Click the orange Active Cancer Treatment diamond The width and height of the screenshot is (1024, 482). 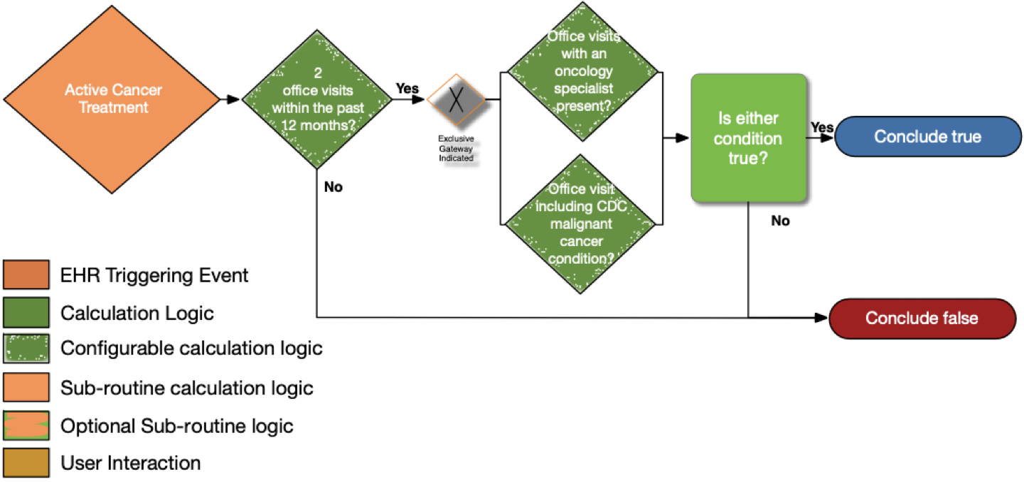112,99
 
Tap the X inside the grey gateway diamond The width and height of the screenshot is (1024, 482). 456,99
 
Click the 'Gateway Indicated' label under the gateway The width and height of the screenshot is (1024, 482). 459,153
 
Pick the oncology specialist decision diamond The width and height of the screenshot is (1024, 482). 583,72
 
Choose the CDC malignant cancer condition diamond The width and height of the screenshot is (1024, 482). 581,224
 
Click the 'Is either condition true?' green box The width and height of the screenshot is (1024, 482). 748,139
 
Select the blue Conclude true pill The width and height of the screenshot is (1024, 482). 927,136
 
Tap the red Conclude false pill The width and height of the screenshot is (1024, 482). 922,318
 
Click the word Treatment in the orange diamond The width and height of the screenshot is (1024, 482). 114,108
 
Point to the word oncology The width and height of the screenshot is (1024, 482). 583,72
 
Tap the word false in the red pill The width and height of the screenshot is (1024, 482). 959,318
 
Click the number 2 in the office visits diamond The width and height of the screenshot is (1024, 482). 317,73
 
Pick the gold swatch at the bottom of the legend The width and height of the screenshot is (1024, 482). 26,462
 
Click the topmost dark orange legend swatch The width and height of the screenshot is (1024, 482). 26,274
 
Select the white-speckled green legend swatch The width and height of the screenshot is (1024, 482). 26,348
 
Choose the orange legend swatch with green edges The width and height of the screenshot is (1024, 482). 26,425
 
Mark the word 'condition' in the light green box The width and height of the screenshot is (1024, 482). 748,139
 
